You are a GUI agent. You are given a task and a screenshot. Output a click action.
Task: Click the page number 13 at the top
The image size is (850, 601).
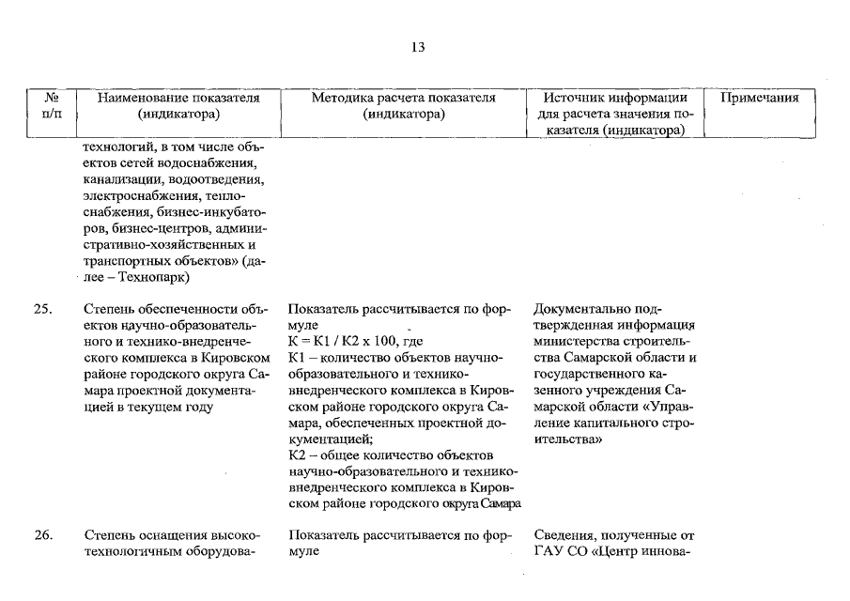coord(418,48)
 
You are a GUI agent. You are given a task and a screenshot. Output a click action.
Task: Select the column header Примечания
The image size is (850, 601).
coord(759,99)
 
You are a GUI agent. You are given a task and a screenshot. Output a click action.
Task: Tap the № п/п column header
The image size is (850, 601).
coord(53,106)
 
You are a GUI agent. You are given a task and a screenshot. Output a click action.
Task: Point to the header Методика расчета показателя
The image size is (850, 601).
coord(403,99)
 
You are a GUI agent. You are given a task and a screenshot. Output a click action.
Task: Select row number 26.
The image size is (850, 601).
coord(42,535)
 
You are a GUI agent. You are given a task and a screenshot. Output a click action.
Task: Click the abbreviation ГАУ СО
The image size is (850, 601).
coord(561,552)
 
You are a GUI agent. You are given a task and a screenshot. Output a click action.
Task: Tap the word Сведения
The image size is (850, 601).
coord(564,535)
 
